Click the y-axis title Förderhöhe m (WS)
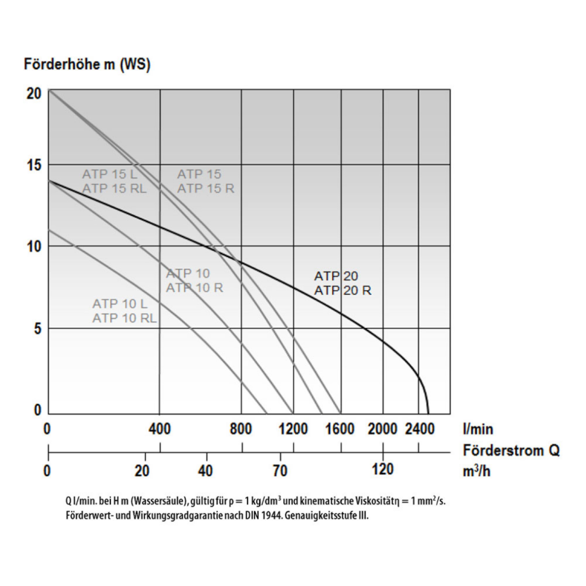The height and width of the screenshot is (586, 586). point(87,64)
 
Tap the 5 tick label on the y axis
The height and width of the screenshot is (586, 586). point(38,329)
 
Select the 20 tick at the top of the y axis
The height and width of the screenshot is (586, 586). point(34,94)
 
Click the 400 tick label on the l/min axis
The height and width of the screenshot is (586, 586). point(159,429)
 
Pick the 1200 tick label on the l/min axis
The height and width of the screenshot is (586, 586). point(293,429)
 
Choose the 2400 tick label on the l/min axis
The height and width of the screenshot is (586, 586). point(420,429)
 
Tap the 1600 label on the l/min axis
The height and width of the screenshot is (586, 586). point(340,429)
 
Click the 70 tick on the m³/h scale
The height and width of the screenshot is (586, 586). point(280,470)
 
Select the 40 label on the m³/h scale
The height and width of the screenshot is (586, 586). point(206,470)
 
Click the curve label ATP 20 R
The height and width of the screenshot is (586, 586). point(342,291)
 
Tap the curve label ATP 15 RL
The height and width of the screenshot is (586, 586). point(114,189)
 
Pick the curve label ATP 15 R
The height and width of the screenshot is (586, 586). point(206,189)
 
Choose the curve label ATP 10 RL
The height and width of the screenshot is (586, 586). point(124,318)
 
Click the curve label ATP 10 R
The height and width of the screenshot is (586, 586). point(195,288)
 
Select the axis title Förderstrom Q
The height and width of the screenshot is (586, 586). point(511,450)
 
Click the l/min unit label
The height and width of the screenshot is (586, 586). point(478,429)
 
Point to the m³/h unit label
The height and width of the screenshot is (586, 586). point(477,471)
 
